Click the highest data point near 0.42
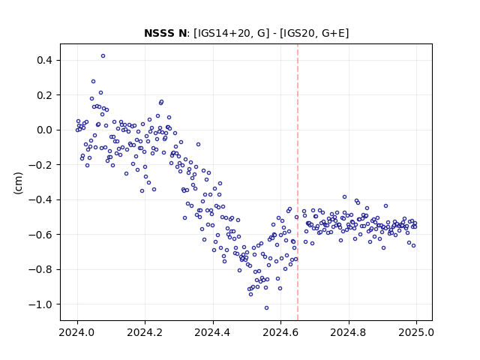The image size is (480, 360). coord(103,56)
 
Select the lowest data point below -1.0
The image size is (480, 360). coord(267,308)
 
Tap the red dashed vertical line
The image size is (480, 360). coord(298,182)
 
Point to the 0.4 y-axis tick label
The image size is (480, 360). coord(44,60)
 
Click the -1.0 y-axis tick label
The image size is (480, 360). coord(40,304)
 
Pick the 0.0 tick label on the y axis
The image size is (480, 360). coord(44,130)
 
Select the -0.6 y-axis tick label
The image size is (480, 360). coord(40,235)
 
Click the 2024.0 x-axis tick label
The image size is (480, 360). coord(77,332)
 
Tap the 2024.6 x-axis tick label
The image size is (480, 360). coord(280,332)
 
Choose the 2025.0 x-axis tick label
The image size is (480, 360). coord(416,332)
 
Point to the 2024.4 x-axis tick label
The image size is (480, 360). coord(213,332)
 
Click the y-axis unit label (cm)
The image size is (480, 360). coord(18,183)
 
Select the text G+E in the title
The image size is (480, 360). coord(335,33)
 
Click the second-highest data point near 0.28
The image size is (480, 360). coord(93,82)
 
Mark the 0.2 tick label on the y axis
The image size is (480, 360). coord(44,95)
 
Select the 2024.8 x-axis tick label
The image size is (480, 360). coord(348,332)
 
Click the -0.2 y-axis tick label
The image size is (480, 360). coord(40,165)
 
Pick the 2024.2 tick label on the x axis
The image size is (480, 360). coord(145,332)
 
